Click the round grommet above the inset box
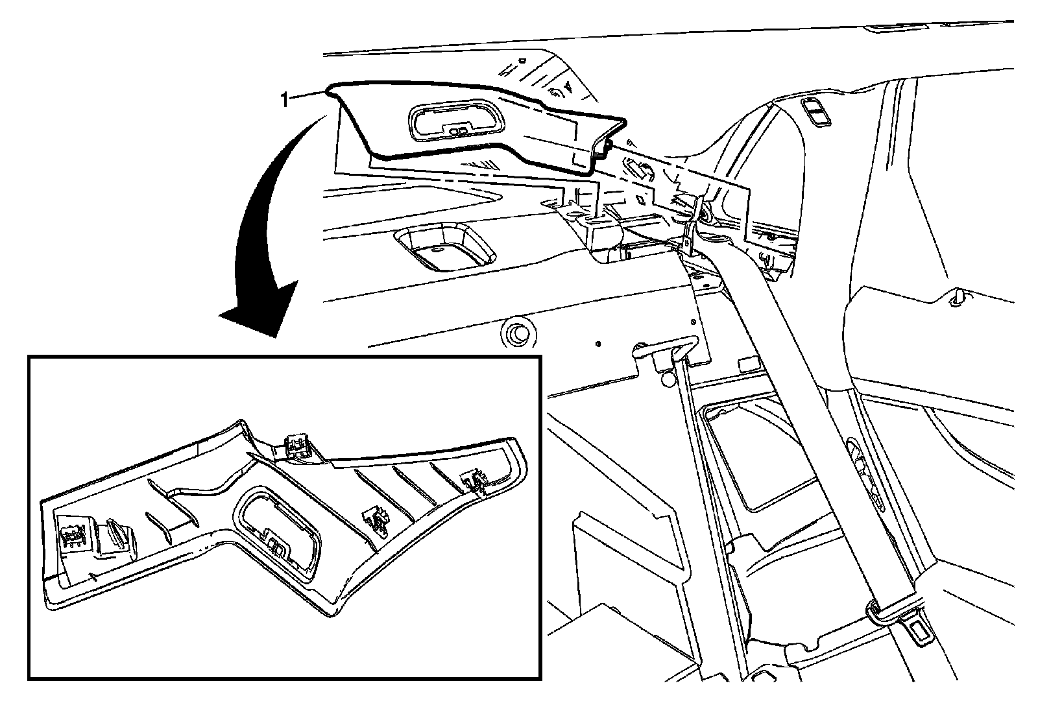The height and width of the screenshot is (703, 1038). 518,332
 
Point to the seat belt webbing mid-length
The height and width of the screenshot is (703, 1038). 804,389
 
